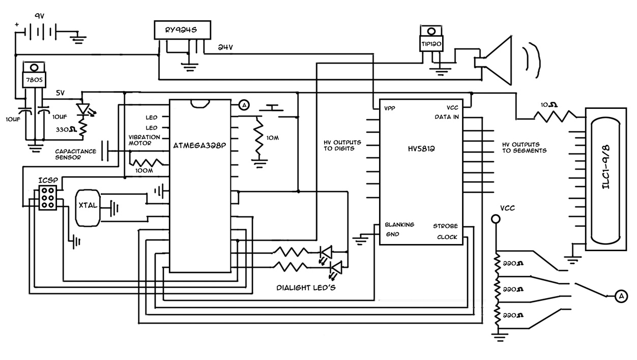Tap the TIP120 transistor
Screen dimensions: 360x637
(432, 44)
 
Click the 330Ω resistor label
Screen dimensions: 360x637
(66, 129)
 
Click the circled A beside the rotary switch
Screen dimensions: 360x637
(621, 296)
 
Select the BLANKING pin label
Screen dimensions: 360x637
(399, 225)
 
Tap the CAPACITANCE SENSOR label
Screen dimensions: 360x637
(75, 154)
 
